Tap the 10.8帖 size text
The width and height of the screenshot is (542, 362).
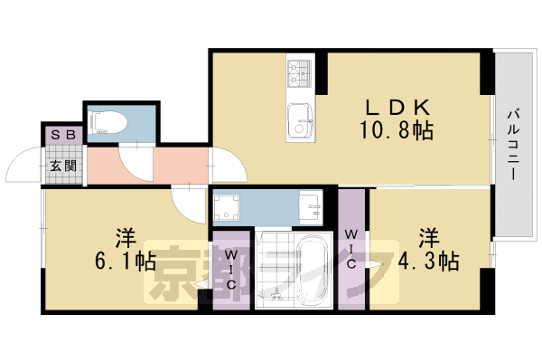(397, 130)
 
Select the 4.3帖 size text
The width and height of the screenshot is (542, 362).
(428, 261)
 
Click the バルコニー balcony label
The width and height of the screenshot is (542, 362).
(514, 144)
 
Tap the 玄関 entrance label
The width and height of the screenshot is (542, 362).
(63, 166)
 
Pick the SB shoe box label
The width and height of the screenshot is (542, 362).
(63, 135)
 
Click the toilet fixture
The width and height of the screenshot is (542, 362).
(108, 122)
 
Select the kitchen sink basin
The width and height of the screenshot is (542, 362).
(300, 121)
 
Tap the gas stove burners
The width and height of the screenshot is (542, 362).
(300, 73)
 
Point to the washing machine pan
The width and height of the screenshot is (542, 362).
(227, 207)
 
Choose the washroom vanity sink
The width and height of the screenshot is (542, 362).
(310, 207)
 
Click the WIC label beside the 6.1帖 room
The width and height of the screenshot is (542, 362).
(231, 270)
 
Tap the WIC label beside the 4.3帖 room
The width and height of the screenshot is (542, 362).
(351, 249)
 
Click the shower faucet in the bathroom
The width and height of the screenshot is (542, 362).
(276, 294)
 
